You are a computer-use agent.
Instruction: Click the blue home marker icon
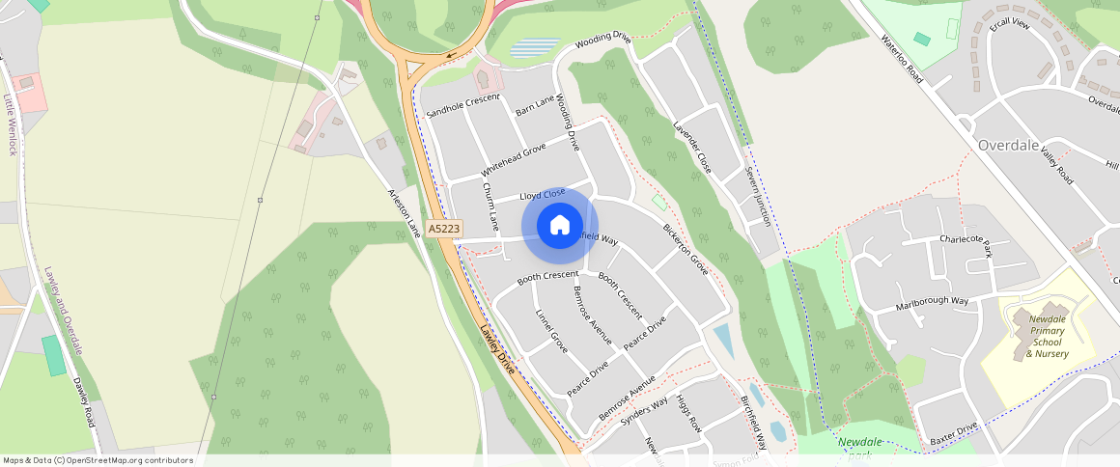(x=559, y=226)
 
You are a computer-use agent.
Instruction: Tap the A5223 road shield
(x=444, y=229)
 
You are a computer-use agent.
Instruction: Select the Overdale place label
(x=1009, y=145)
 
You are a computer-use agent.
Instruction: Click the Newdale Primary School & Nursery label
(x=1048, y=336)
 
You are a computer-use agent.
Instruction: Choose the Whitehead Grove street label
(x=514, y=160)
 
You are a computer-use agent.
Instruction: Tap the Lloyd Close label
(x=543, y=195)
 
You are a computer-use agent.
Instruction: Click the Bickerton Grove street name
(x=686, y=250)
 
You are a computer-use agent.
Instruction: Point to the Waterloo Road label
(x=903, y=60)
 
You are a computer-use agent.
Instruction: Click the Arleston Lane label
(x=405, y=213)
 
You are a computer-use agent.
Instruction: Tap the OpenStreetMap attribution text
(x=97, y=460)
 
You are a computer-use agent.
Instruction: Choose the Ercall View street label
(x=1009, y=23)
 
